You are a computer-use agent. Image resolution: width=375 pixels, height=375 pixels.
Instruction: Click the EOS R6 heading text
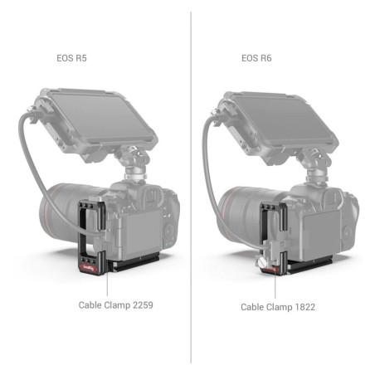257,60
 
